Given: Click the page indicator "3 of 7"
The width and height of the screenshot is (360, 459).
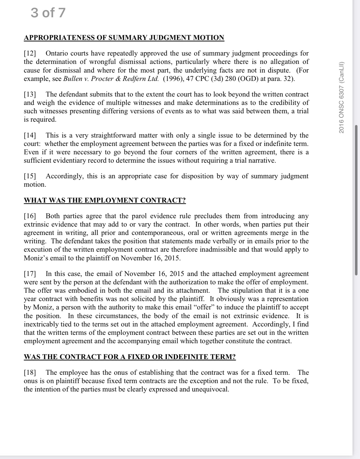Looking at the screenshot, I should tap(48, 13).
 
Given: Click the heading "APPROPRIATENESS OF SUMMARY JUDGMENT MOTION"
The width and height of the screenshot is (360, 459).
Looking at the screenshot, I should tap(124, 38).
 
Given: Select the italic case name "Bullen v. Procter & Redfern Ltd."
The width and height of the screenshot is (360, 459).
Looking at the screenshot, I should tap(111, 79).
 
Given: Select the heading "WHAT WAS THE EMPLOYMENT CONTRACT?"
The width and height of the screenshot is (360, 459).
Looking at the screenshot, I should tap(105, 200).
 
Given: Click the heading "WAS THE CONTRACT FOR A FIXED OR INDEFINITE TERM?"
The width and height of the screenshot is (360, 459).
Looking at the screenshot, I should tap(130, 357).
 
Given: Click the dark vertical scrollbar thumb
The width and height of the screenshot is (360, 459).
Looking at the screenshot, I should tap(356, 200).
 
